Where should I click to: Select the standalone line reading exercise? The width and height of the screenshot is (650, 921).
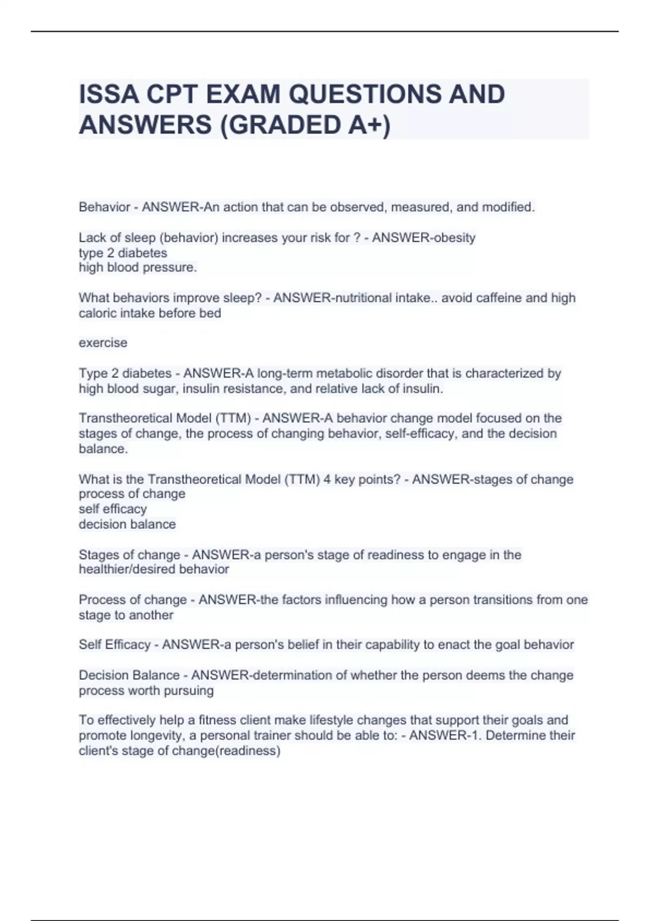point(103,343)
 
